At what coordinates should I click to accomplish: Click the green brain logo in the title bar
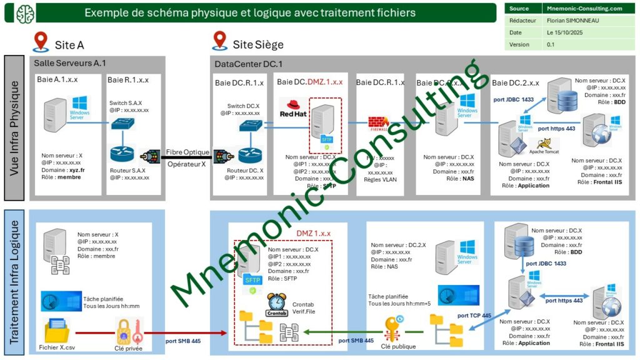(26, 12)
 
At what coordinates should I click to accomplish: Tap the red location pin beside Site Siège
(219, 41)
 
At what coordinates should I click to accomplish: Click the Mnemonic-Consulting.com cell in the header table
(584, 9)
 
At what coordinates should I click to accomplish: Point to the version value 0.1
(551, 44)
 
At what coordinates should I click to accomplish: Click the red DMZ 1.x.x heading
(313, 233)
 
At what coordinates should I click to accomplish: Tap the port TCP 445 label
(474, 316)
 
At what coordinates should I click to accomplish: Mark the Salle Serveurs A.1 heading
(70, 63)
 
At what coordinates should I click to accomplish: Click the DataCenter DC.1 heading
(249, 64)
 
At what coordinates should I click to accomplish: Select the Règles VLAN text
(381, 180)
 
